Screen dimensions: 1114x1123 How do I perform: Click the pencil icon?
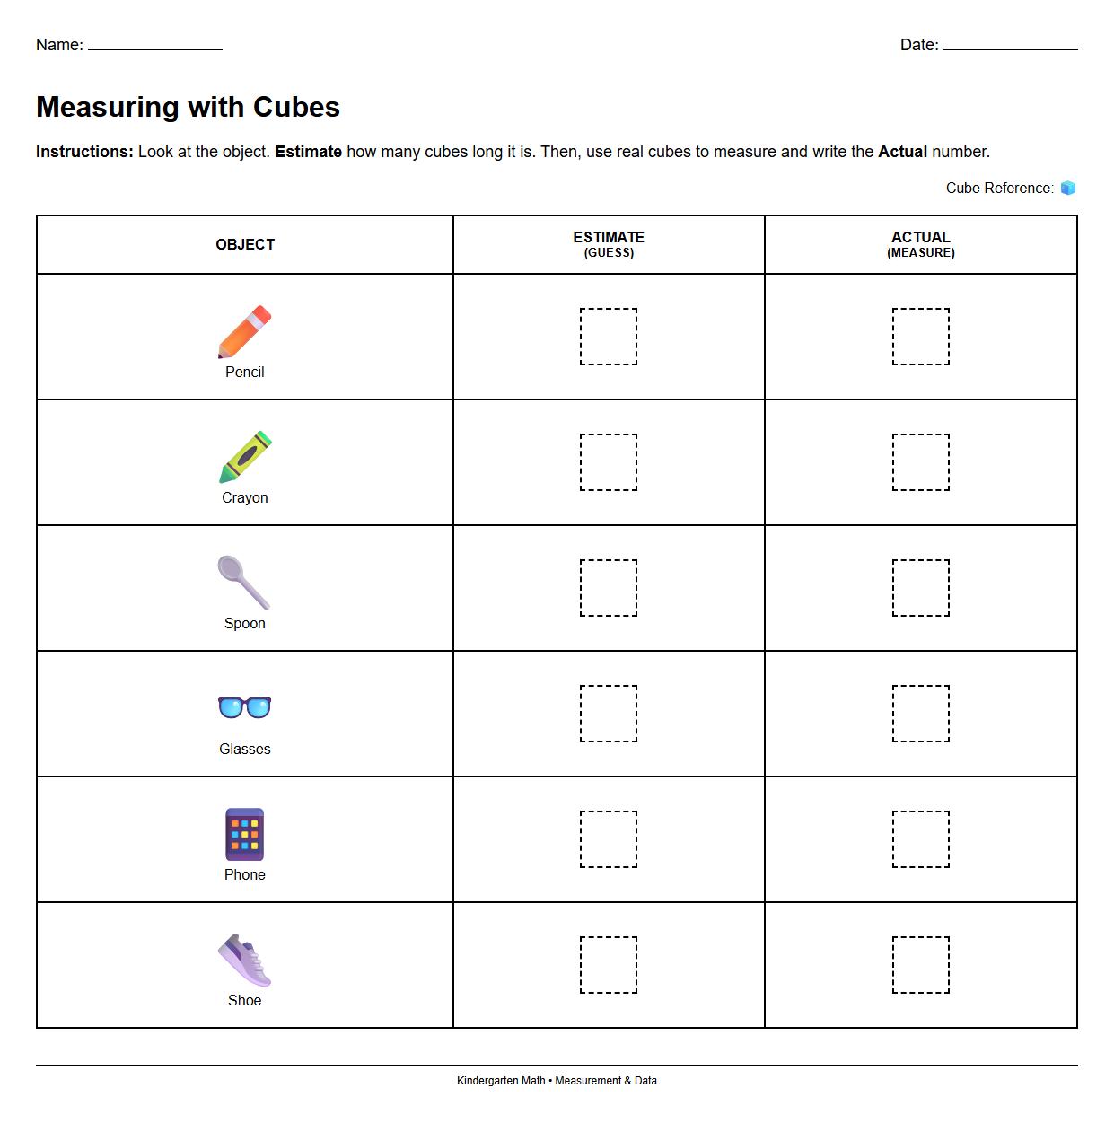244,331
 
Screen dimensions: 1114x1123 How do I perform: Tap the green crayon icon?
244,457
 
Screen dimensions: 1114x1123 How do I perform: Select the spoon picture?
243,583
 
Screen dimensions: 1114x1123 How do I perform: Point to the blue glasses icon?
244,707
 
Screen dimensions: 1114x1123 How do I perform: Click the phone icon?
244,834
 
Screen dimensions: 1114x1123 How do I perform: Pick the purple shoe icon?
244,960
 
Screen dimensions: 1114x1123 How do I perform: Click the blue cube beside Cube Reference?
1067,188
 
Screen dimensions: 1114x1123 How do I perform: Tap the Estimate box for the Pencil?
609,337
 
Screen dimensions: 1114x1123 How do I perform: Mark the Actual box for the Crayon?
920,462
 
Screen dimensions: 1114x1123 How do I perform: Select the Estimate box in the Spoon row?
609,588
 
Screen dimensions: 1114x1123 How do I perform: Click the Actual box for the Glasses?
920,714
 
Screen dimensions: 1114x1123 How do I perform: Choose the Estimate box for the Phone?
609,839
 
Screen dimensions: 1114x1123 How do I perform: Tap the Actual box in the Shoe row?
920,965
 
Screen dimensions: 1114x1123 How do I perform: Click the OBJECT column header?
245,244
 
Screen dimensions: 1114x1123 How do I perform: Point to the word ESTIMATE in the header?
609,237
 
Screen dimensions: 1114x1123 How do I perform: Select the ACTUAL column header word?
920,237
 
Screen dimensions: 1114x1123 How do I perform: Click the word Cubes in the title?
296,107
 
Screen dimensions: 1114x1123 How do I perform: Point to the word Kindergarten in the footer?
501,1081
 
